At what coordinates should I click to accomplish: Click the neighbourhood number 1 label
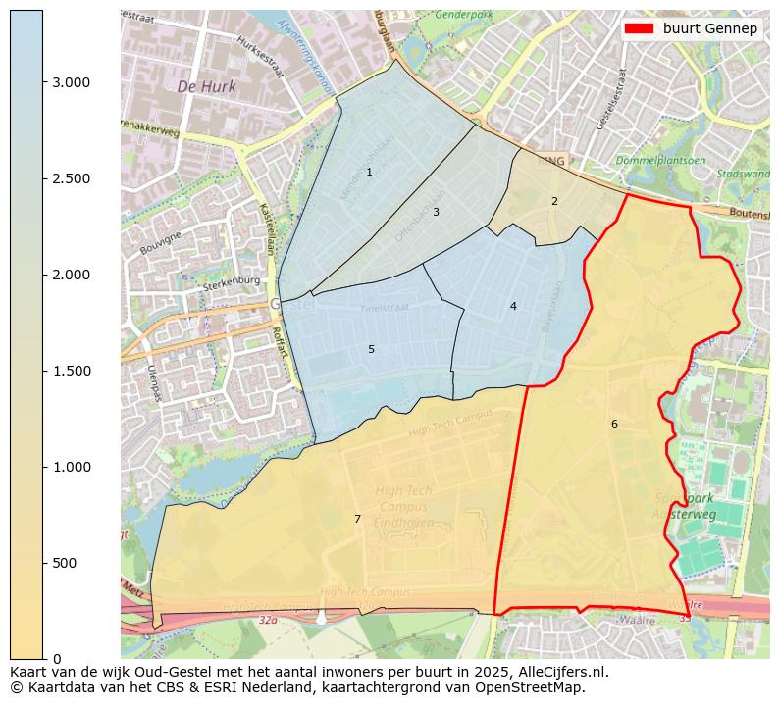click(x=369, y=173)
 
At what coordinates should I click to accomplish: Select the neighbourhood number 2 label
click(x=554, y=202)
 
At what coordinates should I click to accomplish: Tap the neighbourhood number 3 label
click(x=436, y=212)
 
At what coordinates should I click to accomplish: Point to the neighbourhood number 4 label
click(x=513, y=307)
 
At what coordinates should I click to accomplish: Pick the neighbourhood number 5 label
click(x=371, y=350)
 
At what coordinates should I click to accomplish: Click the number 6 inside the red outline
click(x=614, y=425)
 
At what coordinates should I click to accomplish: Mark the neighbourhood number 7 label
click(x=357, y=519)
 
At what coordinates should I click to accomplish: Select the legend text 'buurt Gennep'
click(x=709, y=28)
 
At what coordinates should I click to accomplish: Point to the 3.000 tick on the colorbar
click(x=71, y=82)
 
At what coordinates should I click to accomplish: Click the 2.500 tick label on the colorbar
click(x=71, y=178)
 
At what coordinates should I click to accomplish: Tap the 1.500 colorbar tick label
click(x=71, y=371)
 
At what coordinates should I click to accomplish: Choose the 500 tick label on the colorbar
click(x=65, y=563)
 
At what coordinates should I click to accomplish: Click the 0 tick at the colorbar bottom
click(x=57, y=658)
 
